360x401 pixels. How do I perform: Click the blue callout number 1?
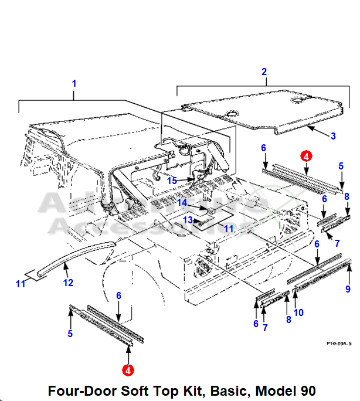(x=74, y=84)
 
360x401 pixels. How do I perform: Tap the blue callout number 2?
(x=264, y=72)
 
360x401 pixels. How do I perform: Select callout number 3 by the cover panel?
(x=332, y=136)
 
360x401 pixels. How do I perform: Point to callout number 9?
(x=347, y=289)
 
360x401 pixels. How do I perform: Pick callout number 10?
(x=298, y=312)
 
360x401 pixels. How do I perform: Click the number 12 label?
(x=69, y=283)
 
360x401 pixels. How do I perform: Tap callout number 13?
(x=187, y=220)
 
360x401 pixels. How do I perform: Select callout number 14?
(x=182, y=203)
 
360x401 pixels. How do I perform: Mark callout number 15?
(x=171, y=180)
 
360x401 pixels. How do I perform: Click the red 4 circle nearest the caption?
(x=127, y=370)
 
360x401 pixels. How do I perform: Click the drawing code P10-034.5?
(x=338, y=345)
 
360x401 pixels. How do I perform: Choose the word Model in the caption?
(x=268, y=390)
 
